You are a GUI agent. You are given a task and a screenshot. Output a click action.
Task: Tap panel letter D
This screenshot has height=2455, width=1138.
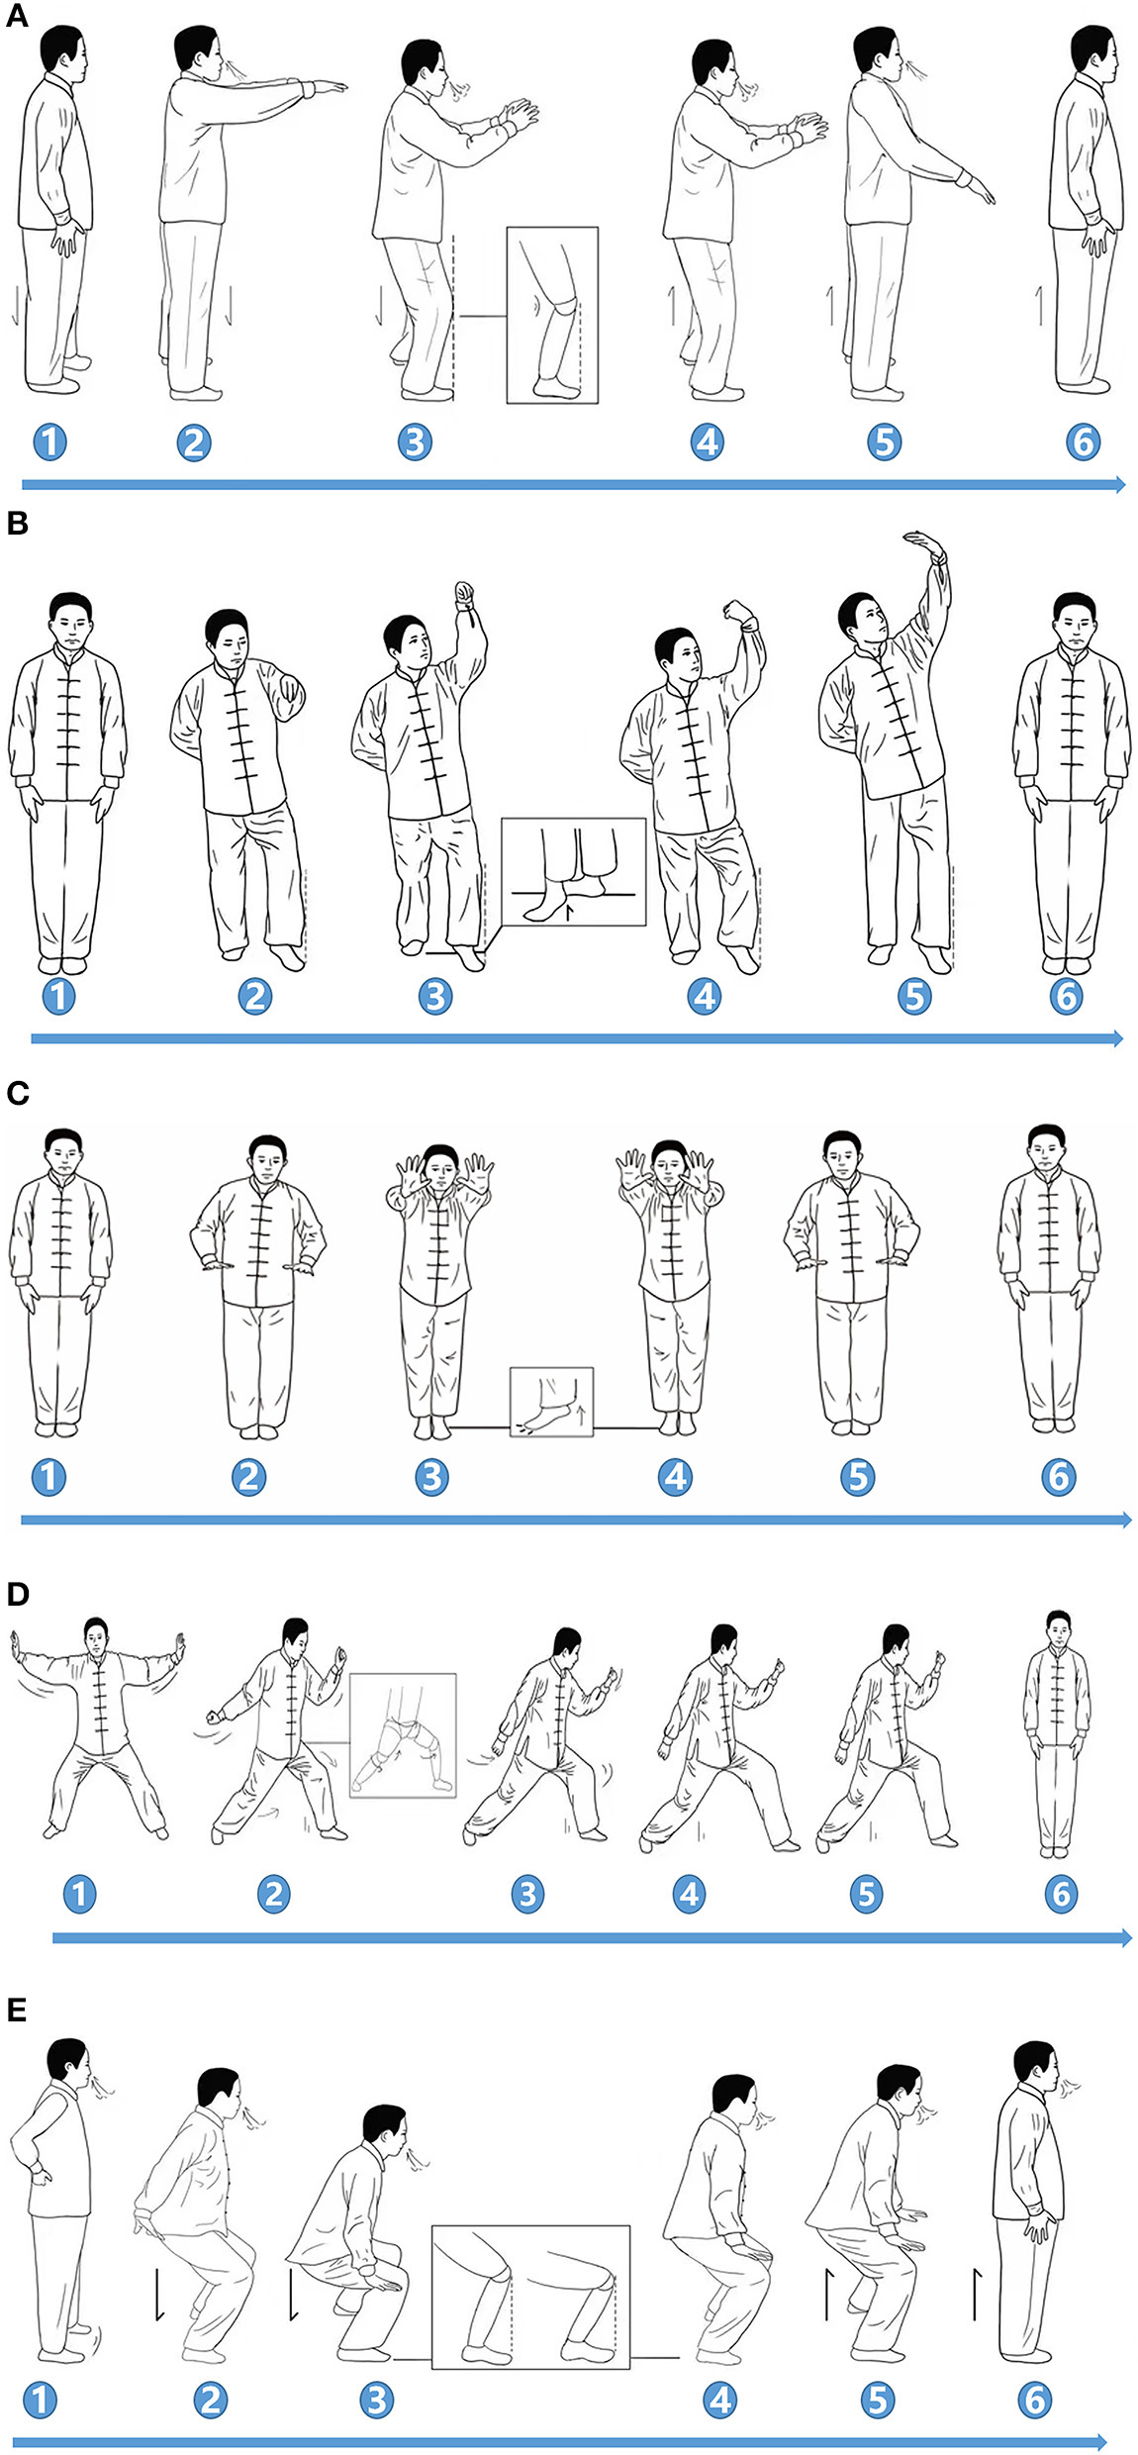(x=17, y=1593)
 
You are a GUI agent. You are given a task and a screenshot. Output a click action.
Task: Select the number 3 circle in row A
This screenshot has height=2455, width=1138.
(x=415, y=442)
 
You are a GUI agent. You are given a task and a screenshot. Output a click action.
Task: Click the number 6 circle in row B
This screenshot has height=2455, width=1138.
(x=1066, y=996)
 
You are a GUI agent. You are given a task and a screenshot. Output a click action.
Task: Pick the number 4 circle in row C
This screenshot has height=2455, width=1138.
(x=675, y=1477)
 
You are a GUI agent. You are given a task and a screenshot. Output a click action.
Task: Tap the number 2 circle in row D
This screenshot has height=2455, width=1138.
(x=273, y=1894)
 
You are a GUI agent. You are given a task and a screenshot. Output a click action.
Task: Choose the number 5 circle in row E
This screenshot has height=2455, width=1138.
(x=877, y=2399)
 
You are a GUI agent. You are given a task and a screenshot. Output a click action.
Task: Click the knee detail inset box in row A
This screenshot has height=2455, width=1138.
(x=552, y=315)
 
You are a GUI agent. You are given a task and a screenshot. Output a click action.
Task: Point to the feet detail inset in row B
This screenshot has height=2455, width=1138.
(x=573, y=871)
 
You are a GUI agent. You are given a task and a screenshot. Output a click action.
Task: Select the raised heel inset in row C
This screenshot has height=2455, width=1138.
(x=551, y=1402)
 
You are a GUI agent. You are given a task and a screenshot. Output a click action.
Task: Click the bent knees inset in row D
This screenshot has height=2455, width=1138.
(x=403, y=1734)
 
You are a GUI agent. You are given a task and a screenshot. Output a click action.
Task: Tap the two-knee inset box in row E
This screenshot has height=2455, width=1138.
(x=530, y=2297)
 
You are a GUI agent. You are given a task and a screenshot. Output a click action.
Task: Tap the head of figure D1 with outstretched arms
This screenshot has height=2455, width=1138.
(x=96, y=1634)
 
